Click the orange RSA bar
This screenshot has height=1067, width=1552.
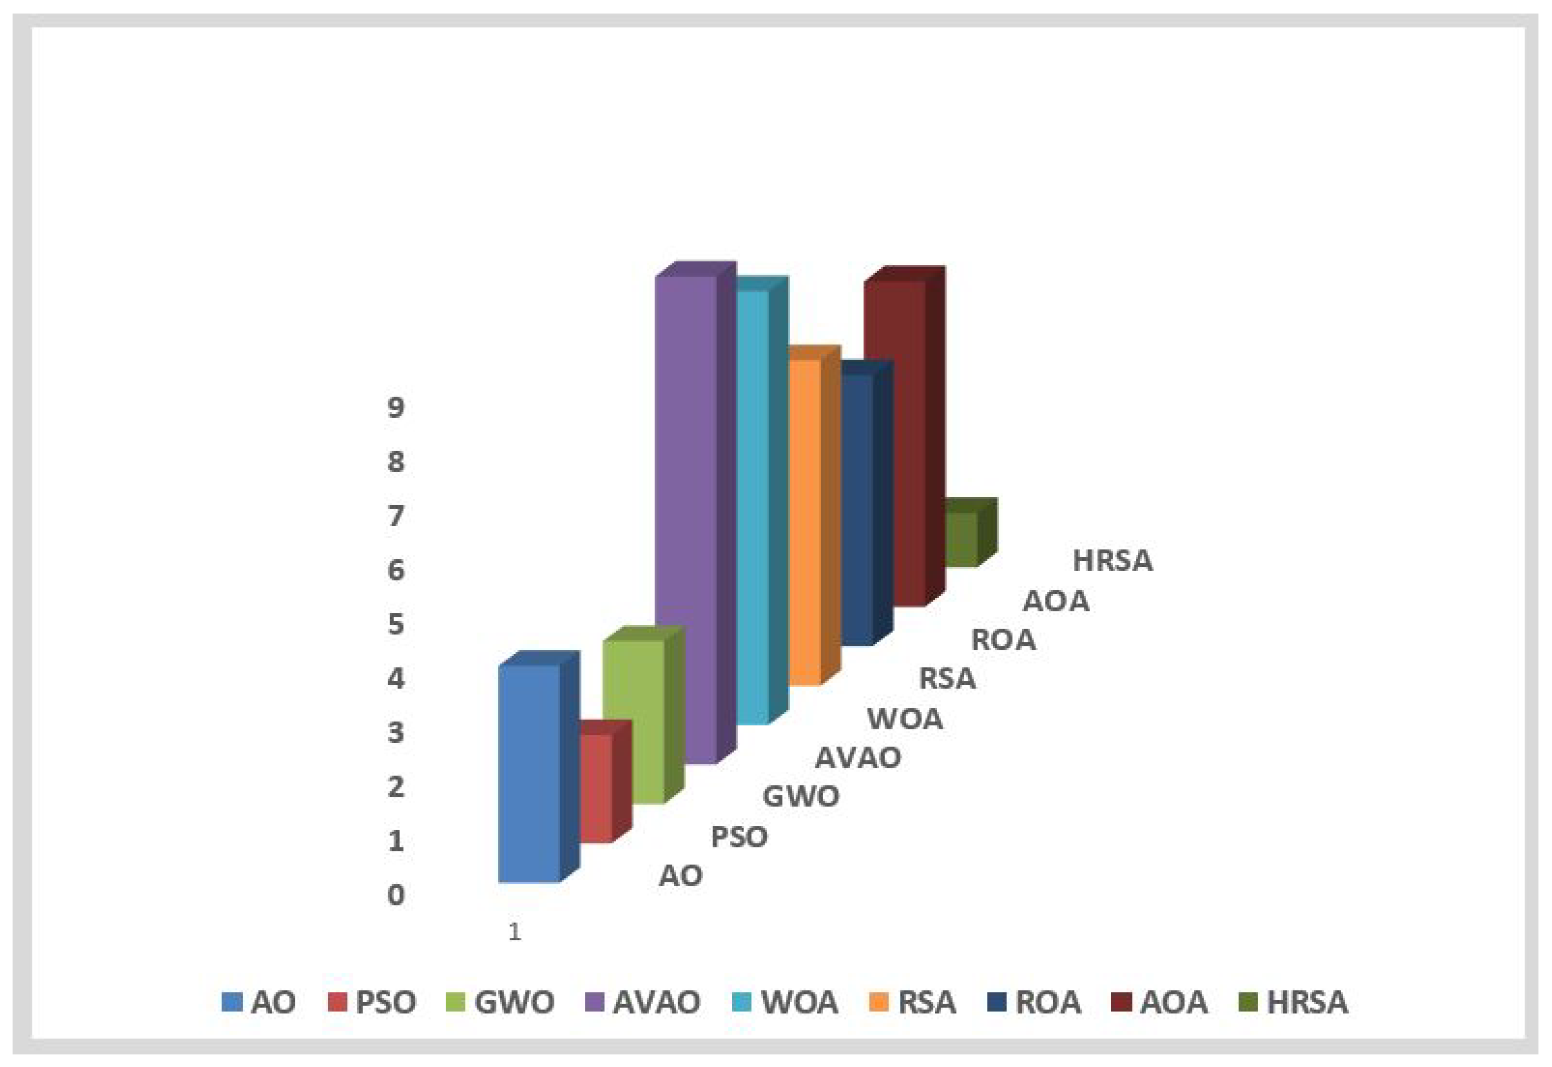pyautogui.click(x=804, y=521)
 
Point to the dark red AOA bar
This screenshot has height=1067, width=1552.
pyautogui.click(x=895, y=441)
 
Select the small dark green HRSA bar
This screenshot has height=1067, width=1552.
pyautogui.click(x=961, y=539)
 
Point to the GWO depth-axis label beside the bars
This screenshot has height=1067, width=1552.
pyautogui.click(x=800, y=796)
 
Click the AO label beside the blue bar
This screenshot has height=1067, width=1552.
pyautogui.click(x=680, y=875)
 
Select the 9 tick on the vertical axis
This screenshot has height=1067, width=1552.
pyautogui.click(x=396, y=407)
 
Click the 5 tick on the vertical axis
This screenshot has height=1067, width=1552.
pyautogui.click(x=396, y=624)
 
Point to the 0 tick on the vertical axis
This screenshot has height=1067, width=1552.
pyautogui.click(x=396, y=895)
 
